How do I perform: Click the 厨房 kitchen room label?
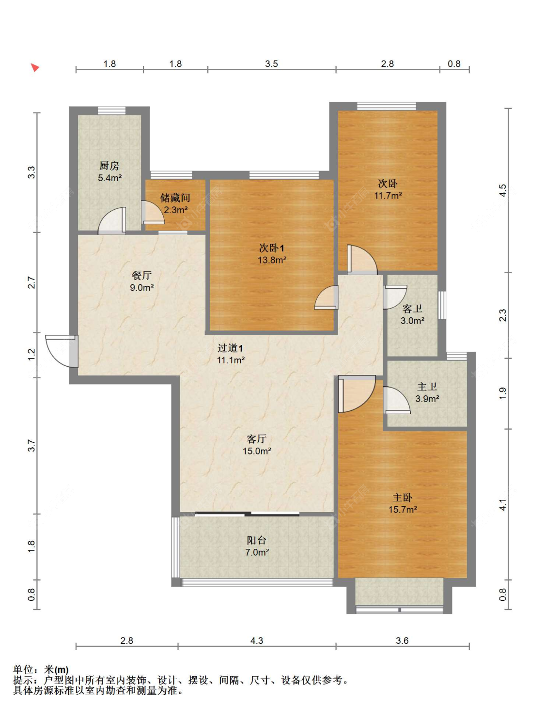coord(109,166)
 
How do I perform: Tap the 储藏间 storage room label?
coord(175,198)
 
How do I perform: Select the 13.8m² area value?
coord(272,260)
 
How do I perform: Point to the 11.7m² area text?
coord(388,196)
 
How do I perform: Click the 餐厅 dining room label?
coord(141,275)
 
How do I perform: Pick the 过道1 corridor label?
coord(230,348)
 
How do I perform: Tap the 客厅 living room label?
coord(257,439)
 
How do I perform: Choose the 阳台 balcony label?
coord(257,540)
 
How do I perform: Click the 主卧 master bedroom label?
coord(403,498)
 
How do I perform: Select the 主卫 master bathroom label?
coord(427,387)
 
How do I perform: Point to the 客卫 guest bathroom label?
coord(412,309)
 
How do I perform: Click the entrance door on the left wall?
coord(62,351)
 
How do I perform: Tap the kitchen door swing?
coord(112,221)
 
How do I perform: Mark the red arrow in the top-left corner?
coord(34,67)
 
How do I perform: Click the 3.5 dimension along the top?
coord(271,63)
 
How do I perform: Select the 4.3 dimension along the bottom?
coord(257,640)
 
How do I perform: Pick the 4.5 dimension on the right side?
coord(503,190)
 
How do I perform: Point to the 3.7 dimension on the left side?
coord(31,445)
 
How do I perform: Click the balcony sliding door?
coord(247,514)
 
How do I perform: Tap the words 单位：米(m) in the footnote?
coord(41,669)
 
